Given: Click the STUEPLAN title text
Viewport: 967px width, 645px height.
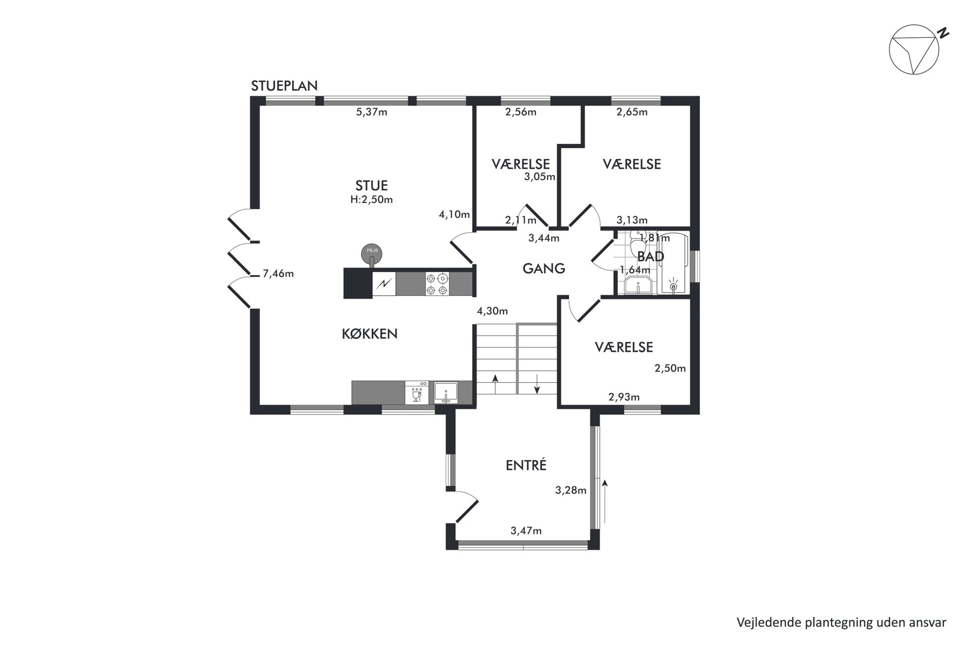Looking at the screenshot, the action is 284,86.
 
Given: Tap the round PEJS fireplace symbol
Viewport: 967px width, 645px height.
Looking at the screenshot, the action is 371,254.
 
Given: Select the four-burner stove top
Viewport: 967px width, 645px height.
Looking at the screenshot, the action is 437,284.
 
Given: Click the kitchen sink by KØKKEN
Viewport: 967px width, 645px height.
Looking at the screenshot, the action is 446,392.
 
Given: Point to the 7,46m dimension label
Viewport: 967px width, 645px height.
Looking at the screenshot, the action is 278,274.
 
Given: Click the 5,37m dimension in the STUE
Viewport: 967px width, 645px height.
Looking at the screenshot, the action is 372,112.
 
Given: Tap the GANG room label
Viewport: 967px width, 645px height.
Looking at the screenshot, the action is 544,269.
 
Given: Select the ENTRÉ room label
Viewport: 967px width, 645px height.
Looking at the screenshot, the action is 526,465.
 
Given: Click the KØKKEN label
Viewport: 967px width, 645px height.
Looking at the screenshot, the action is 369,334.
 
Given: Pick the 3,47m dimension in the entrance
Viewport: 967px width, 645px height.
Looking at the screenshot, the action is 526,531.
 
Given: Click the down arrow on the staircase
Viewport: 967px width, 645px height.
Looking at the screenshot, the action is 537,383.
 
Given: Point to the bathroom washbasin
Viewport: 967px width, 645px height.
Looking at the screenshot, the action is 638,285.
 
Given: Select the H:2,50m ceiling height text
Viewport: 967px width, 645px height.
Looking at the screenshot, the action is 371,199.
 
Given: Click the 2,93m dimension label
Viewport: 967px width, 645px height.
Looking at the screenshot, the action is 624,397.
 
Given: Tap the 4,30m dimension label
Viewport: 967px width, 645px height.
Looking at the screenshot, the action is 492,311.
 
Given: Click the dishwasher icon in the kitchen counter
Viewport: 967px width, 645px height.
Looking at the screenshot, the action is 417,392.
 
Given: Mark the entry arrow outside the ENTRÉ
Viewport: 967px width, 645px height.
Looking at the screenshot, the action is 605,501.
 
